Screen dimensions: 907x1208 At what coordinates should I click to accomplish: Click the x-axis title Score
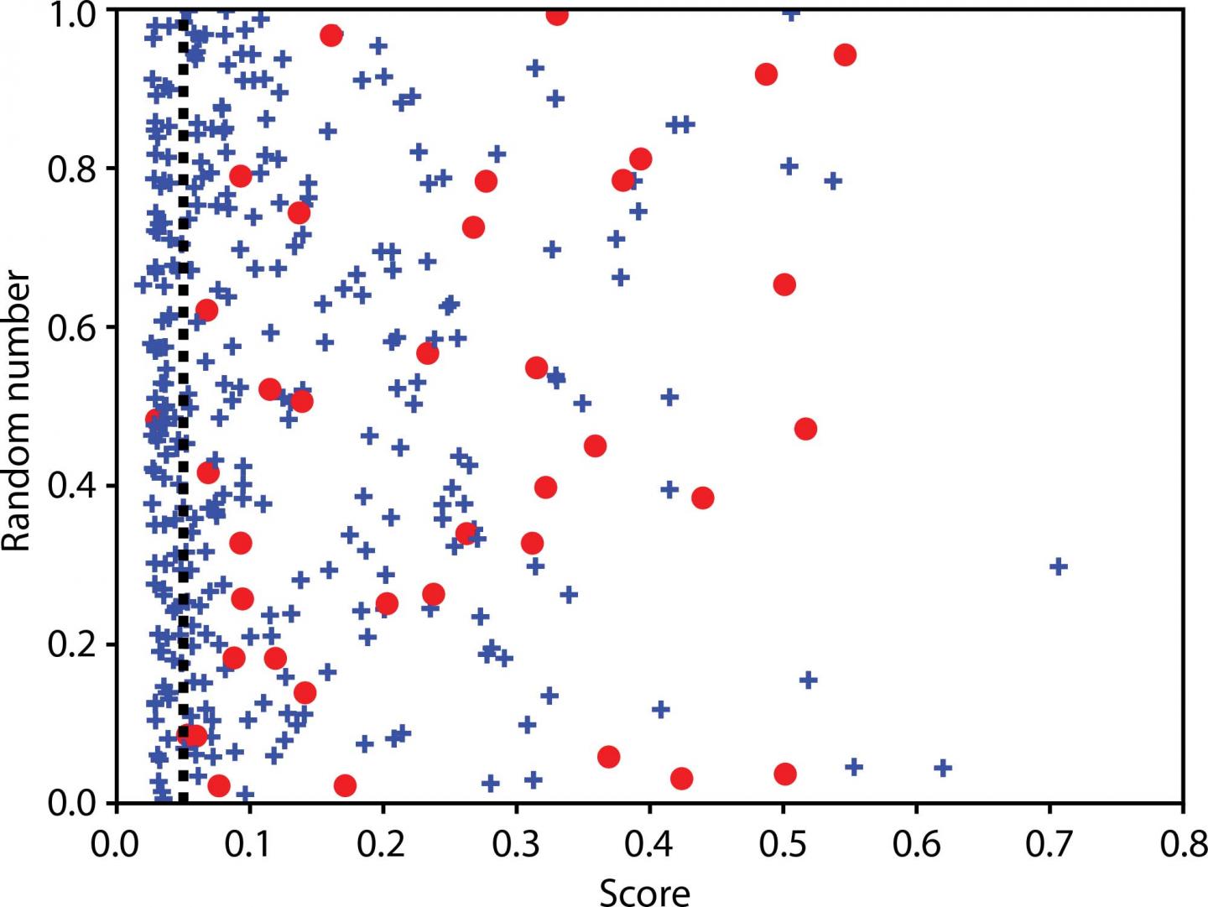644,891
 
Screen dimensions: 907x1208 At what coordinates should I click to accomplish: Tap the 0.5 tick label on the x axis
782,842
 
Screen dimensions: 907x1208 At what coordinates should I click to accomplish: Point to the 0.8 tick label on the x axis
1181,842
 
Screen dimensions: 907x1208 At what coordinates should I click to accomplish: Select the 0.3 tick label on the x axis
515,842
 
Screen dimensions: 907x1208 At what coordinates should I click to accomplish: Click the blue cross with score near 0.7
1059,566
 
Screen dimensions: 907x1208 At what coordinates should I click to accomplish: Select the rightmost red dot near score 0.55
845,55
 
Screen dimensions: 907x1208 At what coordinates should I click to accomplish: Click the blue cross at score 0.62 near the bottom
942,767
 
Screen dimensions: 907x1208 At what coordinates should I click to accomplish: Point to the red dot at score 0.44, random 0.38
703,498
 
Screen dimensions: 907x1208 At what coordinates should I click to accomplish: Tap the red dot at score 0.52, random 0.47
805,429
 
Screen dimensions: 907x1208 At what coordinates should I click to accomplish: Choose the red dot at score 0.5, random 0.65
784,284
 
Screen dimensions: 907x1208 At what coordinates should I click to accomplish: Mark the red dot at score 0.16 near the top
331,35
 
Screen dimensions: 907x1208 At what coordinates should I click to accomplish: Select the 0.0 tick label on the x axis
117,842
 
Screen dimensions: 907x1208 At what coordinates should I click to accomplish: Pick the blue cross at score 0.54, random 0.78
833,180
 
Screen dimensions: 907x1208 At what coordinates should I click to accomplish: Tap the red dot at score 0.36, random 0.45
595,446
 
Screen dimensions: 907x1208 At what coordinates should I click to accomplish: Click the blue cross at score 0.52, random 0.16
809,679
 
